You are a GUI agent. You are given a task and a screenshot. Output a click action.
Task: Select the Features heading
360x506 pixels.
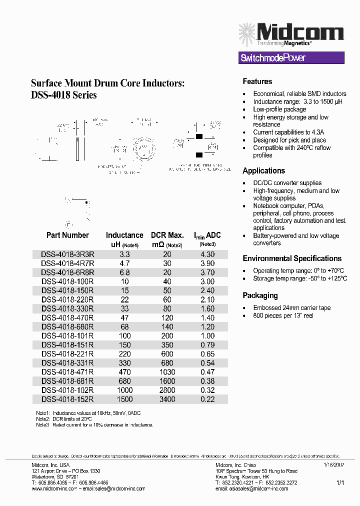[257, 81]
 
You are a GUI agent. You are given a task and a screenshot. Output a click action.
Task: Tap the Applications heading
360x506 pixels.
[263, 170]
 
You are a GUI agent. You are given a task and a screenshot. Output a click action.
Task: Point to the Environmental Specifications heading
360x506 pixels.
[292, 258]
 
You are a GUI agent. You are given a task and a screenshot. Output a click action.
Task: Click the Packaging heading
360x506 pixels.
[260, 295]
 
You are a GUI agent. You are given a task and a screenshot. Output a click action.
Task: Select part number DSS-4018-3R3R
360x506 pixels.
[67, 254]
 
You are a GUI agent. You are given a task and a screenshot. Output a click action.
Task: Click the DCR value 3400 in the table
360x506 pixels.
[167, 399]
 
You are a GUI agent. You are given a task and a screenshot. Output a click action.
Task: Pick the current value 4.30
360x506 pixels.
[207, 254]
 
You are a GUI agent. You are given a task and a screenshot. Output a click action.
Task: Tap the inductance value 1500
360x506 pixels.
[124, 399]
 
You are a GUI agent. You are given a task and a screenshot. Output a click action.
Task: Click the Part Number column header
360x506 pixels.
[67, 235]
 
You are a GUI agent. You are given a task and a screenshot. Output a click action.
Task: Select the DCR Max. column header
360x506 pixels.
[167, 235]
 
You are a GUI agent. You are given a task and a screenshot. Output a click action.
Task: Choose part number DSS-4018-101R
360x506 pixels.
[67, 335]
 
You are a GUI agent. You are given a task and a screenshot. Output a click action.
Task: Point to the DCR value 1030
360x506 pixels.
[167, 372]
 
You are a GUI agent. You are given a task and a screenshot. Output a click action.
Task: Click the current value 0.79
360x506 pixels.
[207, 344]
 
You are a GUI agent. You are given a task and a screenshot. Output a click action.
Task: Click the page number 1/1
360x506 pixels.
[340, 483]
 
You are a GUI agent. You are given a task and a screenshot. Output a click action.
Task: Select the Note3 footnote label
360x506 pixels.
[42, 424]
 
